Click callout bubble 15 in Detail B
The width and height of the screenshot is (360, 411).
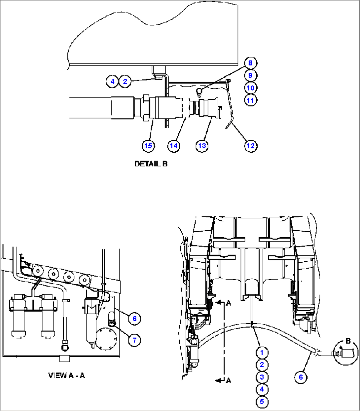[x=149, y=146]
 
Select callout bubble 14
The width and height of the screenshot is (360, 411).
[x=174, y=146]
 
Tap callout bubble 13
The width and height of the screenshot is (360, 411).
[x=202, y=146]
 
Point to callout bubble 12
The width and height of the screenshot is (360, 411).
[x=251, y=146]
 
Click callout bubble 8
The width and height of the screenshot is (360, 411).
[x=250, y=63]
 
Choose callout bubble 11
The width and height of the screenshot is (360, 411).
[x=250, y=100]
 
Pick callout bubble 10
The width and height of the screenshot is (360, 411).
[x=250, y=88]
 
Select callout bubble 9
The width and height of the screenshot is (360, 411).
[x=250, y=76]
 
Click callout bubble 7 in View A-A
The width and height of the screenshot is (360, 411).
[x=134, y=340]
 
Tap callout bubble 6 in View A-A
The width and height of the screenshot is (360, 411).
[x=134, y=319]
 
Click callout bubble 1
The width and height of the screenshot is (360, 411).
[x=262, y=353]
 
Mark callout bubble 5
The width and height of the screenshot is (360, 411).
[x=262, y=402]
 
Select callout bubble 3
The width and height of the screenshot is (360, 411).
[x=262, y=377]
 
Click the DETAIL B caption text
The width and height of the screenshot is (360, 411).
[x=151, y=164]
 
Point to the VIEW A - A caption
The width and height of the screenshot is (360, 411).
[x=66, y=376]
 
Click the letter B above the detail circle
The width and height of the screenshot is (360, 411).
[x=348, y=341]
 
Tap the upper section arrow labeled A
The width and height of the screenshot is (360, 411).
[x=223, y=303]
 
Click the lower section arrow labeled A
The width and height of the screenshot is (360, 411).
[x=223, y=381]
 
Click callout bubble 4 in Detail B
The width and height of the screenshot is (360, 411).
[x=112, y=81]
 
